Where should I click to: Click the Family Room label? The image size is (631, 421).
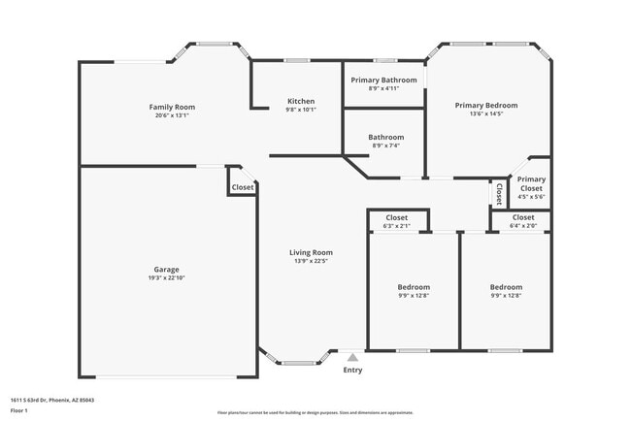click(x=172, y=107)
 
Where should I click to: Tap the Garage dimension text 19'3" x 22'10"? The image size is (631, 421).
click(x=166, y=278)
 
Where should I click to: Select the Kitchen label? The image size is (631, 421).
click(x=301, y=102)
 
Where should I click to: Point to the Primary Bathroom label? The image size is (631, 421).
click(x=384, y=80)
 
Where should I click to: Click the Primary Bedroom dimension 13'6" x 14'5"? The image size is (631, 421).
click(x=486, y=114)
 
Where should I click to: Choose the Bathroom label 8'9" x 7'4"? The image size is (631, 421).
click(x=385, y=146)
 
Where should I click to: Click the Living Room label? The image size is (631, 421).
click(x=311, y=252)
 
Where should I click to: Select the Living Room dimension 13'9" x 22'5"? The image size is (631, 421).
click(x=311, y=260)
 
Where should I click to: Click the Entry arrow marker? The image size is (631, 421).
click(x=352, y=358)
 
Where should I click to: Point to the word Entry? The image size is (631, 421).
click(x=352, y=370)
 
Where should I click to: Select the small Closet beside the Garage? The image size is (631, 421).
click(x=243, y=187)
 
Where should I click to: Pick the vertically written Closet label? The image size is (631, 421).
click(x=499, y=194)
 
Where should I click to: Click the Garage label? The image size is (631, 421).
click(x=166, y=270)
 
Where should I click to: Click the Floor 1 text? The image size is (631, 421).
click(x=19, y=411)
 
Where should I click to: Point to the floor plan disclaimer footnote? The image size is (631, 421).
click(x=315, y=412)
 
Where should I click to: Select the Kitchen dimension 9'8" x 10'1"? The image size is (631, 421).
click(x=301, y=110)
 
